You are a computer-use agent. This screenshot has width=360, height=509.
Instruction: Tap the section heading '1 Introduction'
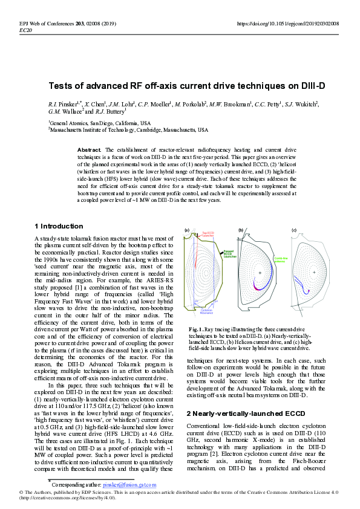coord(59,226)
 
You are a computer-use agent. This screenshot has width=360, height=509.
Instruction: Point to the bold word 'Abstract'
coord(90,149)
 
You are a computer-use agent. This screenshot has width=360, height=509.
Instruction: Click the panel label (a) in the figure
coord(187,230)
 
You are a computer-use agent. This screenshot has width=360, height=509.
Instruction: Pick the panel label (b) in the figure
coord(241,230)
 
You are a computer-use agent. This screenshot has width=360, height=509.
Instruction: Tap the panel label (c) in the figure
coord(294,230)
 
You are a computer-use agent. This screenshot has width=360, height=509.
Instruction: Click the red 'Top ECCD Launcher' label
coord(208,234)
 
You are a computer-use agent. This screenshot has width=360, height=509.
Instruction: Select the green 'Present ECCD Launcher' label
coord(229,254)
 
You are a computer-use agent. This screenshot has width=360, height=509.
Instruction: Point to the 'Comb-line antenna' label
coord(281,259)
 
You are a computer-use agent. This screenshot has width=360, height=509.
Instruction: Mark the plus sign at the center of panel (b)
coord(260,273)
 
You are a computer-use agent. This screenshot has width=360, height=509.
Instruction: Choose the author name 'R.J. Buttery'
coord(110,112)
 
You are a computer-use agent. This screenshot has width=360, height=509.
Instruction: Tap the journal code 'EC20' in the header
coord(26,29)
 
